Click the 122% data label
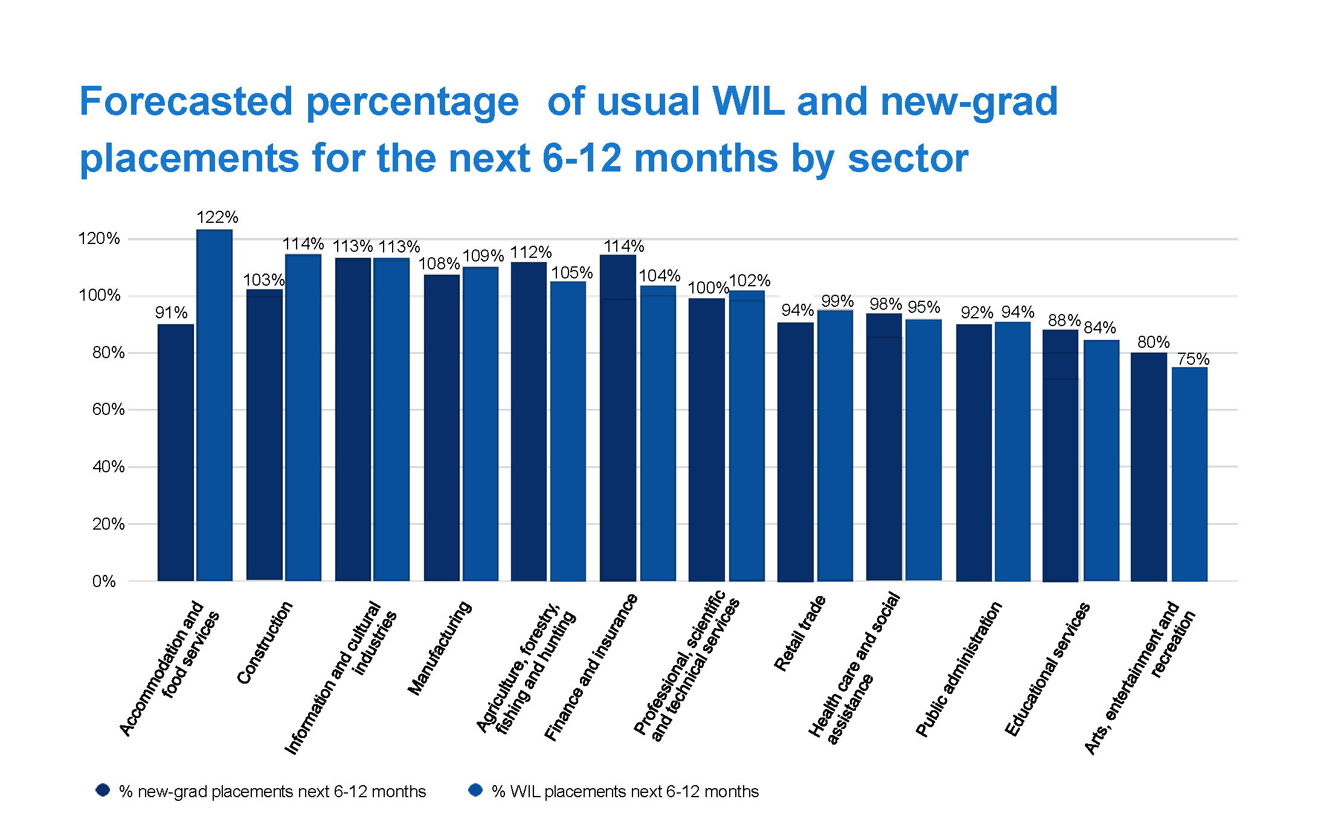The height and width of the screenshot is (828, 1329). pyautogui.click(x=217, y=217)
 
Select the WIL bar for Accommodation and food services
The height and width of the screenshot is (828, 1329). pyautogui.click(x=214, y=405)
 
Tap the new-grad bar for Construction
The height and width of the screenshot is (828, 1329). pyautogui.click(x=265, y=435)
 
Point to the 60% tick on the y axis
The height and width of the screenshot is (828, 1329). pyautogui.click(x=108, y=409)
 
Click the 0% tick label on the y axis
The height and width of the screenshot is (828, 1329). pyautogui.click(x=104, y=581)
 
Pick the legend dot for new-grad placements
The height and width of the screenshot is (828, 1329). pyautogui.click(x=103, y=790)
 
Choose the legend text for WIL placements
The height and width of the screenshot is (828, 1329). pyautogui.click(x=625, y=791)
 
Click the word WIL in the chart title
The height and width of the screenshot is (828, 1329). pyautogui.click(x=748, y=101)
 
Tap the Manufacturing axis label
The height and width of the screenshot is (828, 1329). pyautogui.click(x=439, y=647)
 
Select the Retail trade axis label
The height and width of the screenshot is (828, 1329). pyautogui.click(x=800, y=633)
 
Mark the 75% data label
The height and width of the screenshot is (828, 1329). pyautogui.click(x=1193, y=359)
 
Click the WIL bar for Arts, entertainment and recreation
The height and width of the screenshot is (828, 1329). pyautogui.click(x=1189, y=474)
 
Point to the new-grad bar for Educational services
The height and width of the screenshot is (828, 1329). pyautogui.click(x=1061, y=456)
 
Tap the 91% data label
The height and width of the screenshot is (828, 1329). pyautogui.click(x=171, y=313)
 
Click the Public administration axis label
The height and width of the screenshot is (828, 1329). pyautogui.click(x=959, y=669)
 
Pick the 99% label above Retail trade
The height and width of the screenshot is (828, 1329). pyautogui.click(x=837, y=301)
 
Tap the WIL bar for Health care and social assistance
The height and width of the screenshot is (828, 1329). pyautogui.click(x=924, y=450)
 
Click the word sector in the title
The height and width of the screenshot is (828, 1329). pyautogui.click(x=908, y=158)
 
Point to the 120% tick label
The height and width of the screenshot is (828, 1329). pyautogui.click(x=99, y=239)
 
